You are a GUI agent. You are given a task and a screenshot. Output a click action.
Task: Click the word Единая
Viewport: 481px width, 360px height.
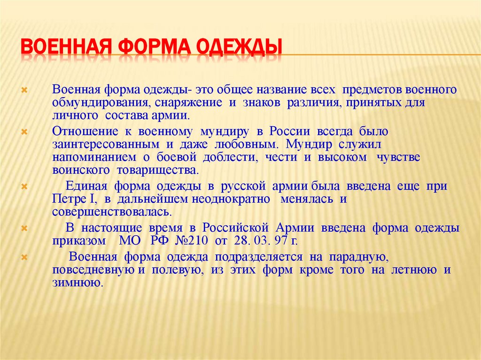(x=83, y=186)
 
